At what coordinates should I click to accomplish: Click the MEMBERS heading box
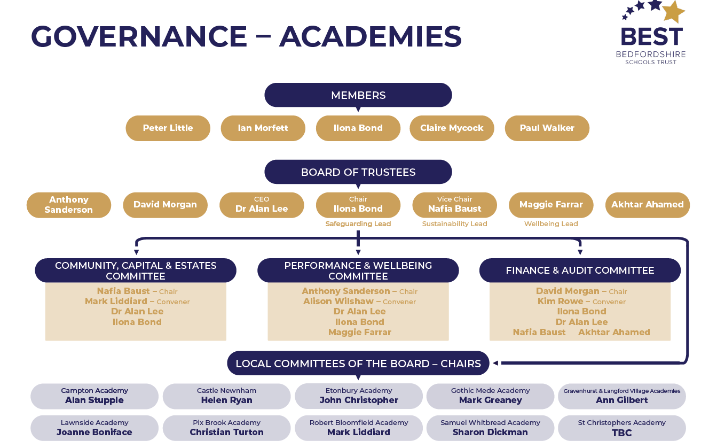coord(358,95)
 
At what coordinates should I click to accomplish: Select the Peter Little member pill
coord(168,128)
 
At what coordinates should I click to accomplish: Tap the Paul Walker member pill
coord(547,128)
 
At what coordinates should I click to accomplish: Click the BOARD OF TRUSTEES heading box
coord(358,172)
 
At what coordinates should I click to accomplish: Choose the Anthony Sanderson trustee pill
coord(68,205)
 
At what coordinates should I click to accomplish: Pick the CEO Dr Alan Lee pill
coord(262,205)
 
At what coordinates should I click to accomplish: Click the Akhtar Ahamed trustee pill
coord(647,205)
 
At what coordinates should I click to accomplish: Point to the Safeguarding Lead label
coord(358,224)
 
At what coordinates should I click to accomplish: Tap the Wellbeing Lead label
coord(550,224)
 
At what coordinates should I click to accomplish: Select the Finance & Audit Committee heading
coord(580,271)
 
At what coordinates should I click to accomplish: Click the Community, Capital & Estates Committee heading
coord(136,271)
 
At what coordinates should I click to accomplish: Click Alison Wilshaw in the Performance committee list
coord(338,302)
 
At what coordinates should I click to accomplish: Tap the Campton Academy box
coord(94,396)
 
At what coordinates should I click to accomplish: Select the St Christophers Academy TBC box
coord(621,428)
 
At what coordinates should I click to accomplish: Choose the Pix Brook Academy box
coord(226,428)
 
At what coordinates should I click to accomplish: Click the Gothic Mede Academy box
coord(490,396)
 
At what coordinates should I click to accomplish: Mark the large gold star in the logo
coord(673,11)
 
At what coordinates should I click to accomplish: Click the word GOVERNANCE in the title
coord(139,37)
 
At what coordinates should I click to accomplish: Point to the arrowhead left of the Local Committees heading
coord(495,364)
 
